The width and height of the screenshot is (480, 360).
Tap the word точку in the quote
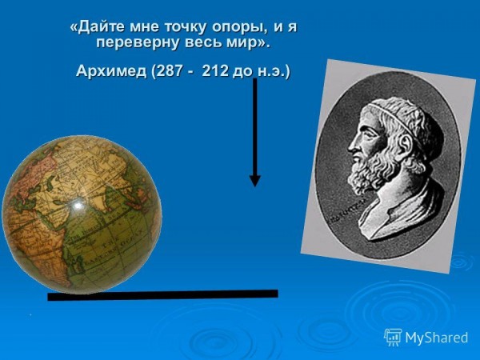point(185,27)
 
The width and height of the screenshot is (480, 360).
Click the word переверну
point(138,43)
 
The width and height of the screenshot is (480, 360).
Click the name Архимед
point(111,71)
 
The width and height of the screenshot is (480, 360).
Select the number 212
point(215,71)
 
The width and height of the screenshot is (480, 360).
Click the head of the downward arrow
point(255,181)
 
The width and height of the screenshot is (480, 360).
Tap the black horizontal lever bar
point(163,294)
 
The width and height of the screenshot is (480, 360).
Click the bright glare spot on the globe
point(77,204)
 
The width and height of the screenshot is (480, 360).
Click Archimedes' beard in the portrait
point(372,170)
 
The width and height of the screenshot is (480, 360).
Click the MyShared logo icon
point(393,338)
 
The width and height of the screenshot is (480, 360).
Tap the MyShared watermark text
point(437,338)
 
